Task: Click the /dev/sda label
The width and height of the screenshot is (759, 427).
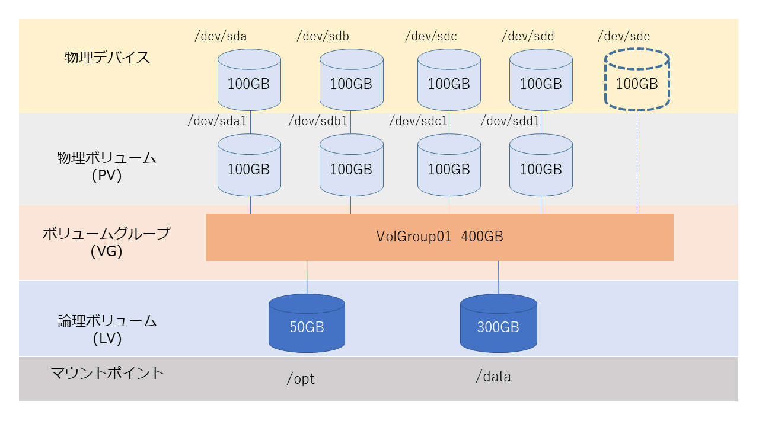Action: point(221,36)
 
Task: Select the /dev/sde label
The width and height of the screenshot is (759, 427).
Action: point(624,36)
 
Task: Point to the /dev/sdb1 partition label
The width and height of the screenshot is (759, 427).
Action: point(317,122)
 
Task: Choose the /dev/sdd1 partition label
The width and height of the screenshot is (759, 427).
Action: point(509,122)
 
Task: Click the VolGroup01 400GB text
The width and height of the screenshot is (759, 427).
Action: point(439,237)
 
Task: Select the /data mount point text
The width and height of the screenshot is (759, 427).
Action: point(493,377)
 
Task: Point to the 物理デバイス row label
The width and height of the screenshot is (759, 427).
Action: point(107,58)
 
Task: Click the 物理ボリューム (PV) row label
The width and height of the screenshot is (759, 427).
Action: point(107,167)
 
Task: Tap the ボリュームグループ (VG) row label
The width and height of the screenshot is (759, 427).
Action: point(106,242)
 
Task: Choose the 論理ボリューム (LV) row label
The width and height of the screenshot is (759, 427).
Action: point(107,330)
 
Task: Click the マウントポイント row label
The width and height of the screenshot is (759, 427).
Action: point(107,373)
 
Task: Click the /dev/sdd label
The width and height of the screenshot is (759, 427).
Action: point(528,36)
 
